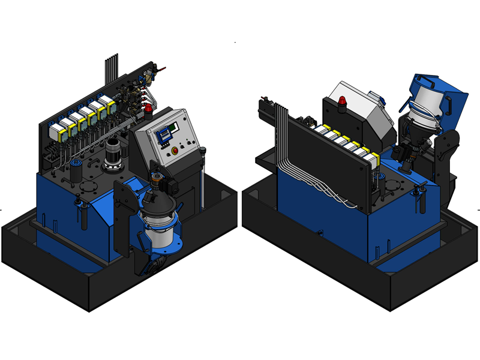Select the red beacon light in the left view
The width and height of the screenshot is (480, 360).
[148, 109]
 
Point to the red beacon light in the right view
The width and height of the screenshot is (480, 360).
[343, 101]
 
